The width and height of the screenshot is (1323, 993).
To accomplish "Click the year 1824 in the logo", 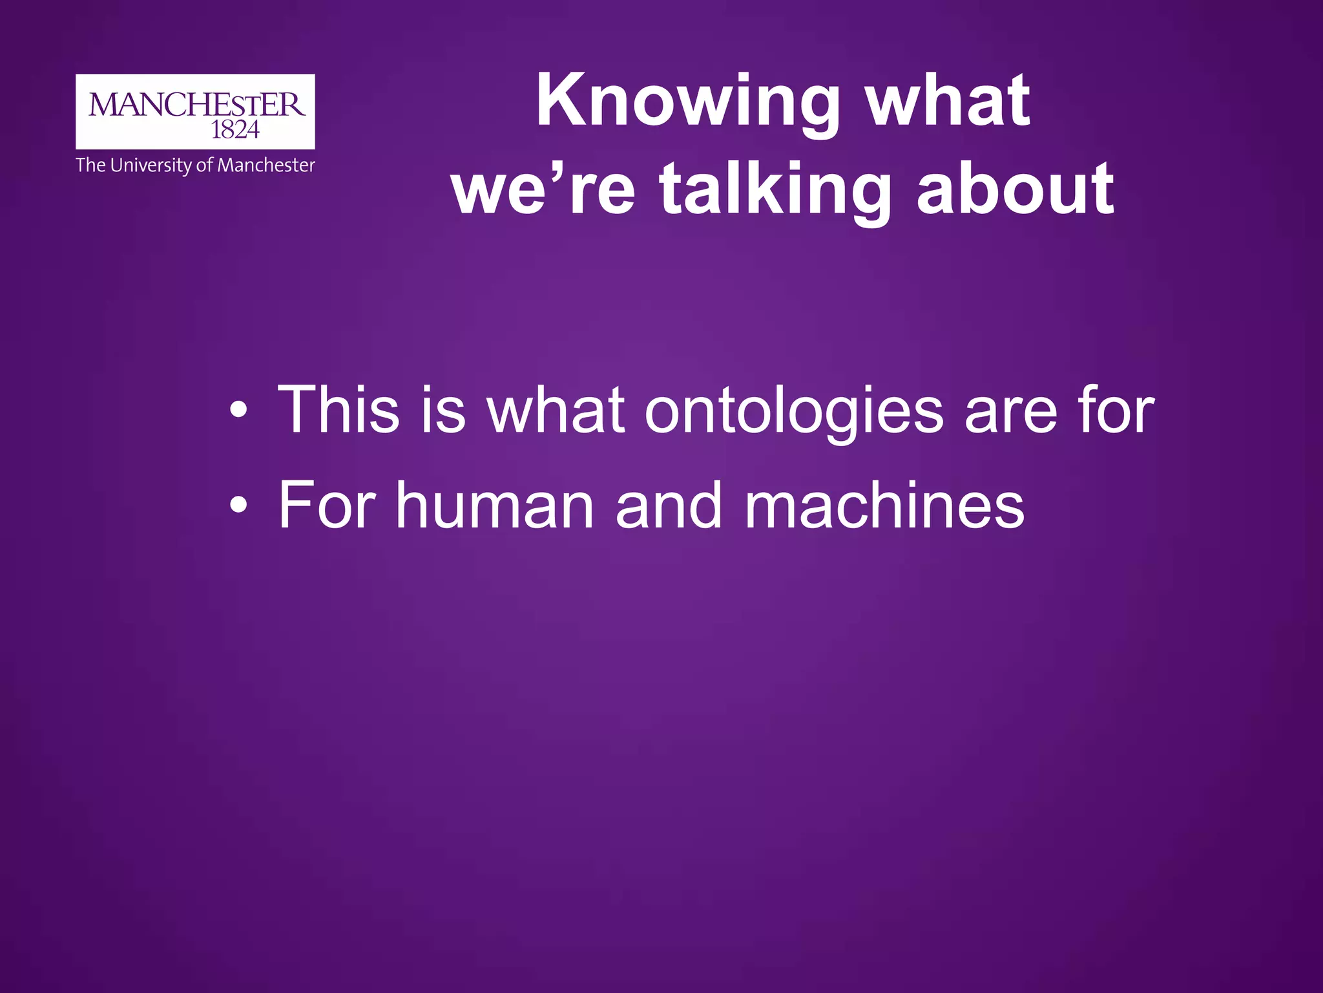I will (235, 131).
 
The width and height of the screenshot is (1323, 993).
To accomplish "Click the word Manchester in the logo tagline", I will (266, 165).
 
